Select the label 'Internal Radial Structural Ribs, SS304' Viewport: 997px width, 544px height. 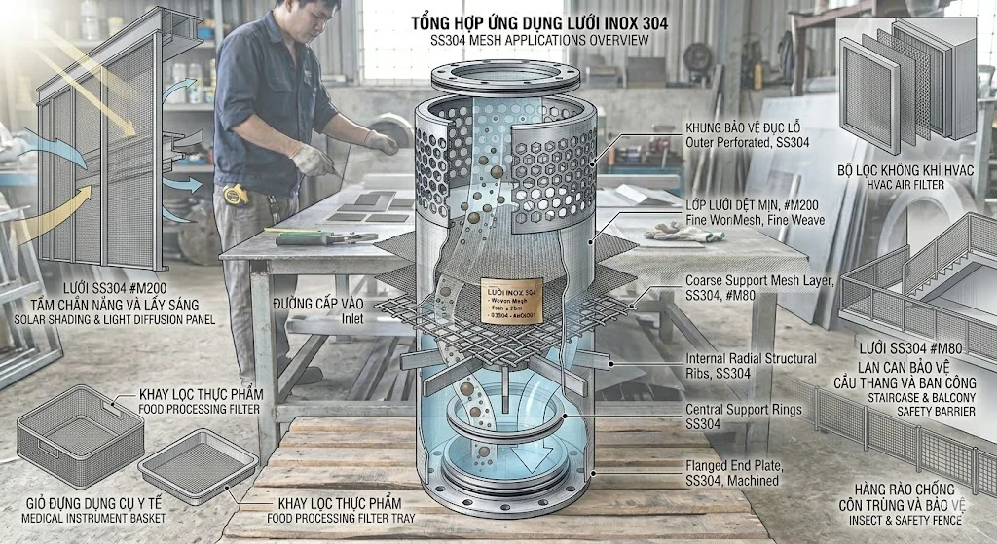751,365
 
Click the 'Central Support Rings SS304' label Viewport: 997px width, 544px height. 744,417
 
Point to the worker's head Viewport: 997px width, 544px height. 310,17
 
